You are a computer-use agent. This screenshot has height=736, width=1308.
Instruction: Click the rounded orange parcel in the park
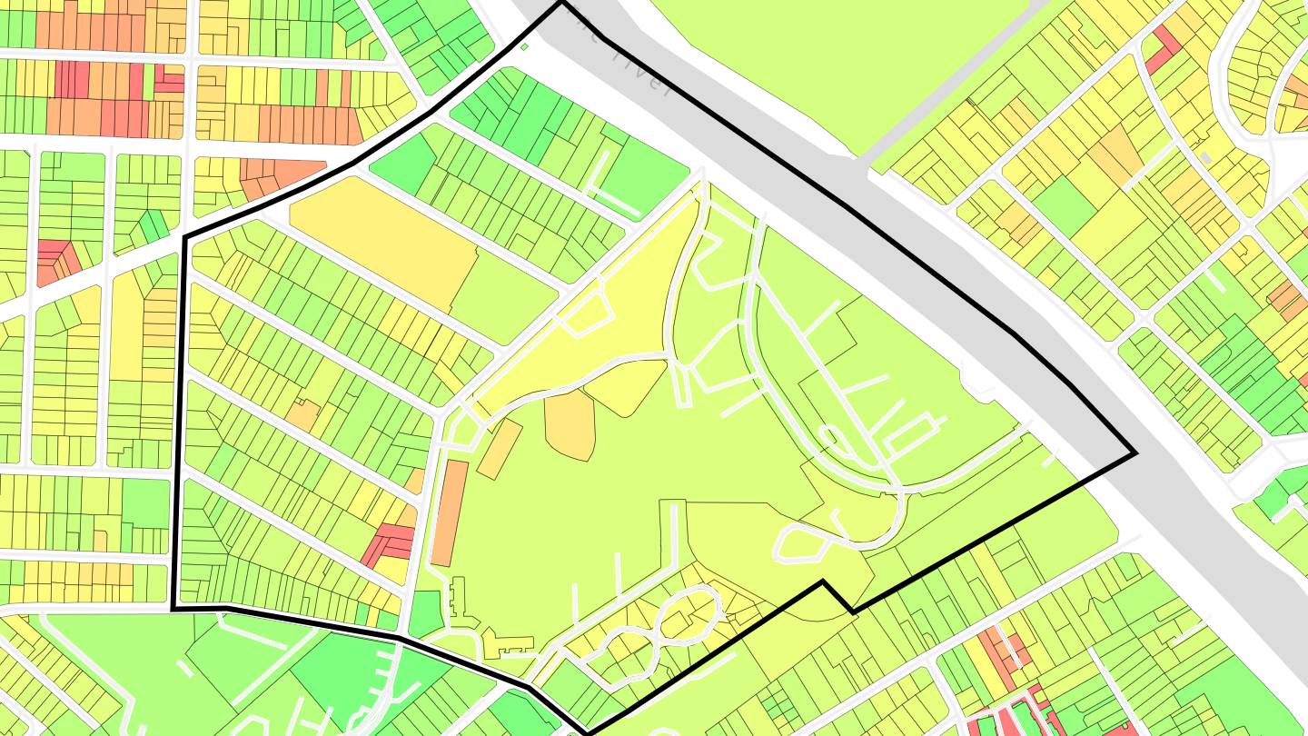pos(570,423)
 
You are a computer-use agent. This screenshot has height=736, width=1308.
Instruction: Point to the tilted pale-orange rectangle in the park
pos(500,449)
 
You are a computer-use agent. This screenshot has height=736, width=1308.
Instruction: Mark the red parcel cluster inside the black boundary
pos(389,542)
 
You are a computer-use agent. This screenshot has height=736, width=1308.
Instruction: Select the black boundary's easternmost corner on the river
pos(1135,452)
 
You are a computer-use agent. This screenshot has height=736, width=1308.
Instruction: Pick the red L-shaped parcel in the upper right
pos(1161,51)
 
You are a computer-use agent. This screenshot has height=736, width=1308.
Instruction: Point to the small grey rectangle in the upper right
pos(1205,158)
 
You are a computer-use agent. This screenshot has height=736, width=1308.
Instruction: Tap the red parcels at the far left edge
pos(56,261)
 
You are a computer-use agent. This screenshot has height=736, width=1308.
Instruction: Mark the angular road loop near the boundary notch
pos(799,543)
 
